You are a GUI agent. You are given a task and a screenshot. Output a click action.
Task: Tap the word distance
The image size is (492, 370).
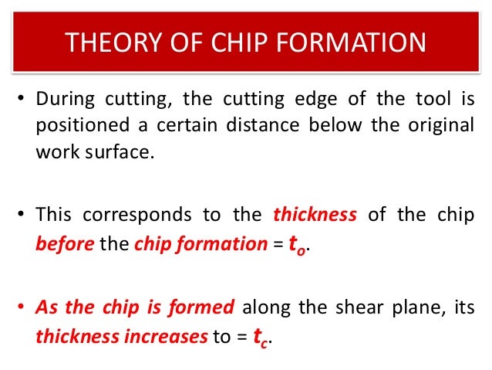pos(250,126)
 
